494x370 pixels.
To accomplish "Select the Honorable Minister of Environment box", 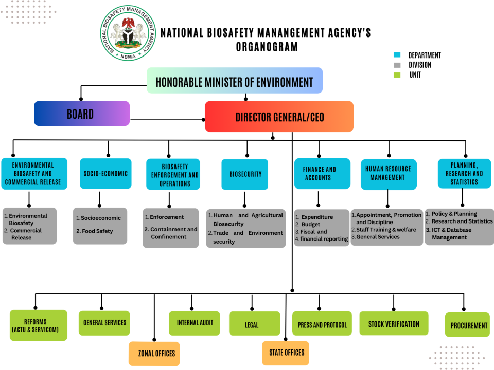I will click(x=235, y=81).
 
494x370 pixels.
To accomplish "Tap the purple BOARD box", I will click(x=82, y=114).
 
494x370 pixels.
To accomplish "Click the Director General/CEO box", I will click(x=279, y=117).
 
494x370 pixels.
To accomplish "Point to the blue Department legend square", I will click(x=397, y=55).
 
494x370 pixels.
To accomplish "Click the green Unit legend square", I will click(x=397, y=75).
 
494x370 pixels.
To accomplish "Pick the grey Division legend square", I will click(x=397, y=65).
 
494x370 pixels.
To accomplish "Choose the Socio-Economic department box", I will click(x=105, y=174).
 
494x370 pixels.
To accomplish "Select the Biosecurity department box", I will click(x=245, y=174).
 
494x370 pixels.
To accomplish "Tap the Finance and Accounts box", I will click(x=320, y=173).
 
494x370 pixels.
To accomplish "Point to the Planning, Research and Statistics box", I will click(x=464, y=174).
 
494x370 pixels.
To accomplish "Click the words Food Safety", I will click(x=97, y=231).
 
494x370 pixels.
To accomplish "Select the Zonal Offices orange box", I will click(x=154, y=354).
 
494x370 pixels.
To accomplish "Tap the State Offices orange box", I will click(x=286, y=353).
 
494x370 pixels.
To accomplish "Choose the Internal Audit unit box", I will click(x=195, y=323).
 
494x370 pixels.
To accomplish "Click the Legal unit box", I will click(x=252, y=325).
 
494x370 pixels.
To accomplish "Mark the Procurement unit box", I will click(x=467, y=325).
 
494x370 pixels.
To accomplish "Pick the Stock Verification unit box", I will click(x=394, y=324).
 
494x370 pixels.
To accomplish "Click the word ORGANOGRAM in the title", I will click(x=266, y=47).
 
